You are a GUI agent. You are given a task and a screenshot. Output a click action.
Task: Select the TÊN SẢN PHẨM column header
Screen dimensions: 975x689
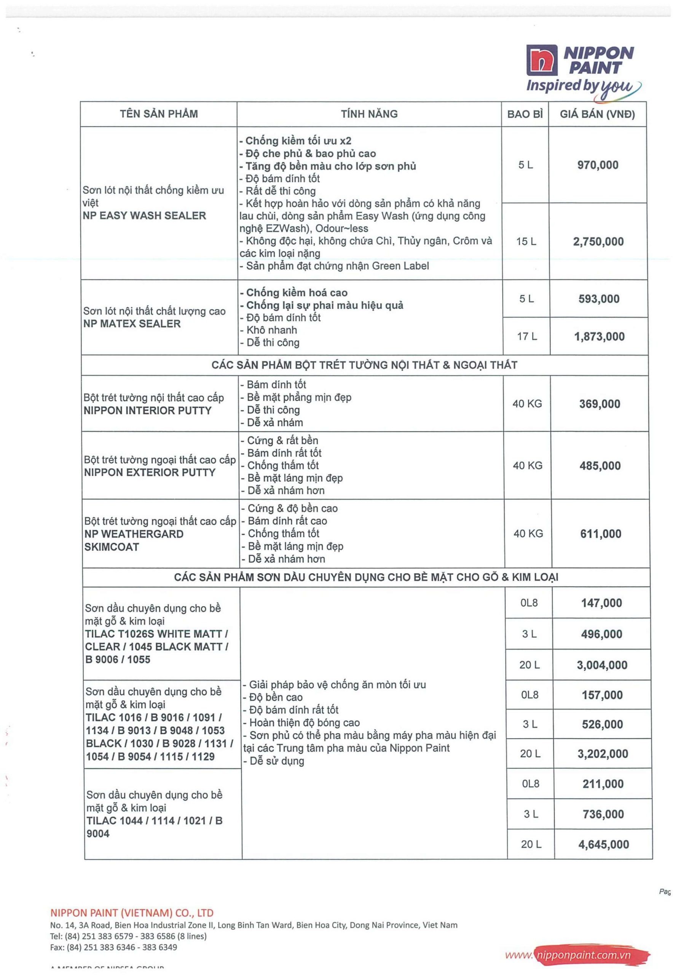coord(159,114)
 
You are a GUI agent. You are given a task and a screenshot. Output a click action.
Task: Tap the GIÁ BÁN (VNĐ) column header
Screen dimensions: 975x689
coord(597,114)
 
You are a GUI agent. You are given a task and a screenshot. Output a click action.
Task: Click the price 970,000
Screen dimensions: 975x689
coord(597,165)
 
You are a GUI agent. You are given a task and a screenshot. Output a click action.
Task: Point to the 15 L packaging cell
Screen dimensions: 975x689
coord(526,241)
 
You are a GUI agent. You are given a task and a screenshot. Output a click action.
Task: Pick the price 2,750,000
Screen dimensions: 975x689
coord(598,241)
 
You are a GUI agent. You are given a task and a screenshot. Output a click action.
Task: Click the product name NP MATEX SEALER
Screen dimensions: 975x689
coord(132,324)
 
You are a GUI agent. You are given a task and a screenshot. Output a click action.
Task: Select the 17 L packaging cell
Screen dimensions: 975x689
coord(527,336)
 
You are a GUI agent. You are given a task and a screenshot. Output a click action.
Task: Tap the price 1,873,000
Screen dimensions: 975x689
coord(599,337)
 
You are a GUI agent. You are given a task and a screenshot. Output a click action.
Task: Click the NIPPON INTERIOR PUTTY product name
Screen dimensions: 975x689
coord(147,411)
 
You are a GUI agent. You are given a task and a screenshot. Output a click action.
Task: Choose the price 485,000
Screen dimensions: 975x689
coord(600,466)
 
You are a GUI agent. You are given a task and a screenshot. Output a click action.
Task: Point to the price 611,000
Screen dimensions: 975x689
coord(601,534)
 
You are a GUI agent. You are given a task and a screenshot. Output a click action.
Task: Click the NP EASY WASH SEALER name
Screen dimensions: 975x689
coord(144,215)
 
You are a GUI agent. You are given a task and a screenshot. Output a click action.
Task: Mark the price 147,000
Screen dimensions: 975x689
coord(601,603)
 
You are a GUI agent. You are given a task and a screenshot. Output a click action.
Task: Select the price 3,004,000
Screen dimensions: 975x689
coord(602,665)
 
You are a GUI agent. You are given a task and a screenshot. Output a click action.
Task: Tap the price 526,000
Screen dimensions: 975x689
coord(602,724)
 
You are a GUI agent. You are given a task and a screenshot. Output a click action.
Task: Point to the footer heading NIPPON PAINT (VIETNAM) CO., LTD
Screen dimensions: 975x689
coord(132,913)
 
